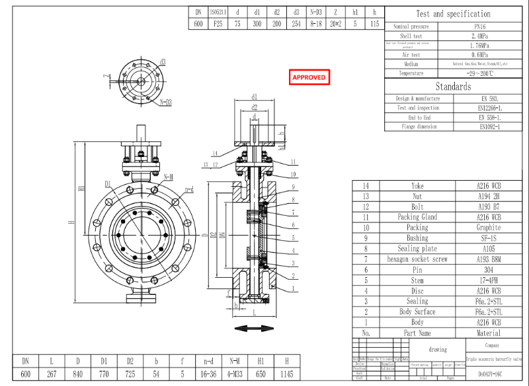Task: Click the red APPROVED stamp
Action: pyautogui.click(x=309, y=77)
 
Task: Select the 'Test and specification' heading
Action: pyautogui.click(x=453, y=14)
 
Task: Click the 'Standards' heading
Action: pyautogui.click(x=453, y=86)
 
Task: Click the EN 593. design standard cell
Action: pyautogui.click(x=490, y=98)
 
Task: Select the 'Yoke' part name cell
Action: pyautogui.click(x=417, y=186)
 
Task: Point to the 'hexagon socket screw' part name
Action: pyautogui.click(x=417, y=259)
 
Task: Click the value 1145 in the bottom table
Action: pyautogui.click(x=286, y=374)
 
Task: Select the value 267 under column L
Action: pyautogui.click(x=52, y=374)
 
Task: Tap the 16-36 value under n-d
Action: pyautogui.click(x=208, y=374)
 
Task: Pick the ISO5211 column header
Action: pyautogui.click(x=218, y=12)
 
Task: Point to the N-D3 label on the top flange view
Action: pyautogui.click(x=165, y=103)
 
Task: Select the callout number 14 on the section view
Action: pyautogui.click(x=215, y=153)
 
